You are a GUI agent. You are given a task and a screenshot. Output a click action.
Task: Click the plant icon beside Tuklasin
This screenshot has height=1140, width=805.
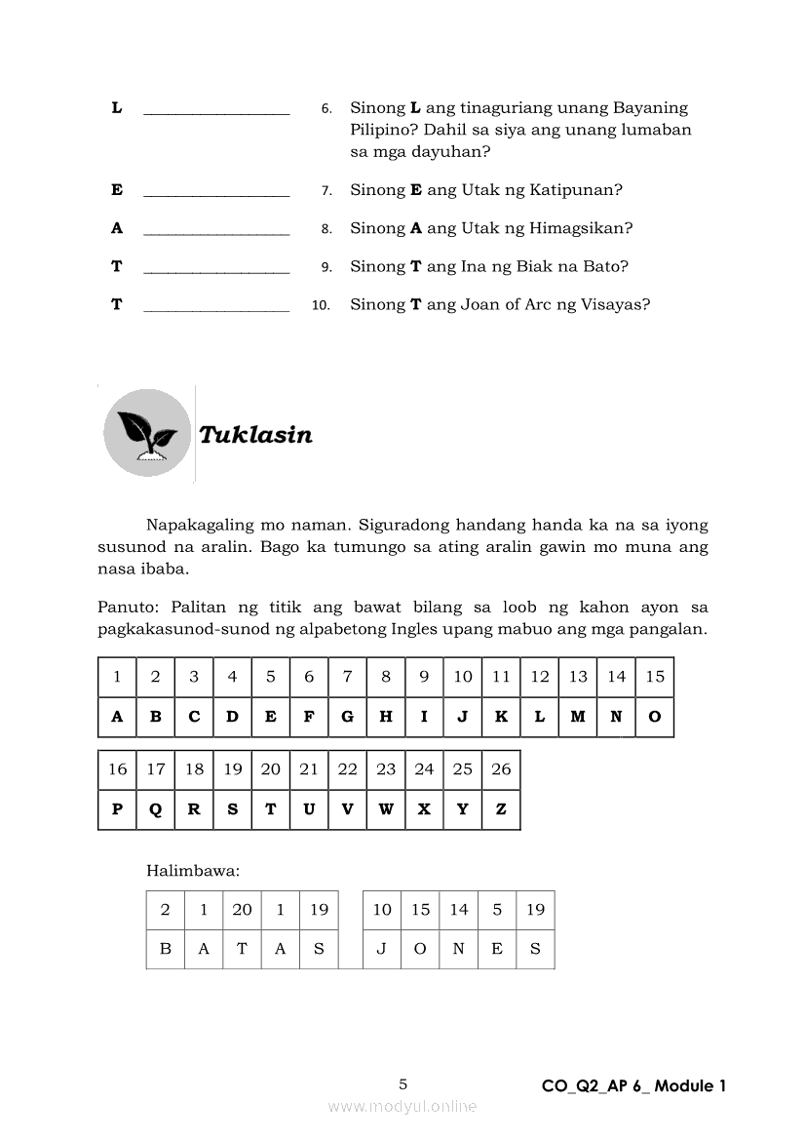(146, 433)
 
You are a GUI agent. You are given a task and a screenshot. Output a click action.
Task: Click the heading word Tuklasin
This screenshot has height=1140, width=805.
(255, 435)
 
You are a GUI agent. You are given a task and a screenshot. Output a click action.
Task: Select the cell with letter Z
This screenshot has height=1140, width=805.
(501, 809)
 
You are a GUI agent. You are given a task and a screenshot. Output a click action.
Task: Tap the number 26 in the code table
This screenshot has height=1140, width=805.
(501, 769)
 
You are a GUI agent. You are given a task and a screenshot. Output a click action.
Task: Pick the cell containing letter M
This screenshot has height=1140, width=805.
(578, 717)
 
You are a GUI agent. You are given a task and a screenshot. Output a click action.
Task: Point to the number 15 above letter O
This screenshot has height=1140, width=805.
(655, 677)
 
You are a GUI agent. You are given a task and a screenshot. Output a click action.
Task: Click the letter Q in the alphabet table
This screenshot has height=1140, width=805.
(156, 809)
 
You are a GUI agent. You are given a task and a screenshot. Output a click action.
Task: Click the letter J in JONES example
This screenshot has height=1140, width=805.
(382, 949)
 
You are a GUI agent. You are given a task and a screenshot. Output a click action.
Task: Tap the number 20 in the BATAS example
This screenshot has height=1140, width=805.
(242, 910)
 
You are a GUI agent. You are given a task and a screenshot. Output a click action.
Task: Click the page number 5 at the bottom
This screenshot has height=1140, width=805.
(403, 1084)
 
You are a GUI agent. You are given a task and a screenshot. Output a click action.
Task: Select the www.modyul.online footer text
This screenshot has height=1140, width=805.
(402, 1106)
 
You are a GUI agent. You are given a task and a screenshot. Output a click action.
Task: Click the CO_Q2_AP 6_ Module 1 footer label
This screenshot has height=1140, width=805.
(634, 1086)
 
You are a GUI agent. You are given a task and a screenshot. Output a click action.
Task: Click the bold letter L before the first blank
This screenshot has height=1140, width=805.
(117, 108)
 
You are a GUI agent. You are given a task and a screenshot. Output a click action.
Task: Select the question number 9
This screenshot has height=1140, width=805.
(326, 267)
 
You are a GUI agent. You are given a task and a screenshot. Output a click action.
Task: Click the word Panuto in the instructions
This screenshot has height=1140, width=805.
(125, 608)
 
